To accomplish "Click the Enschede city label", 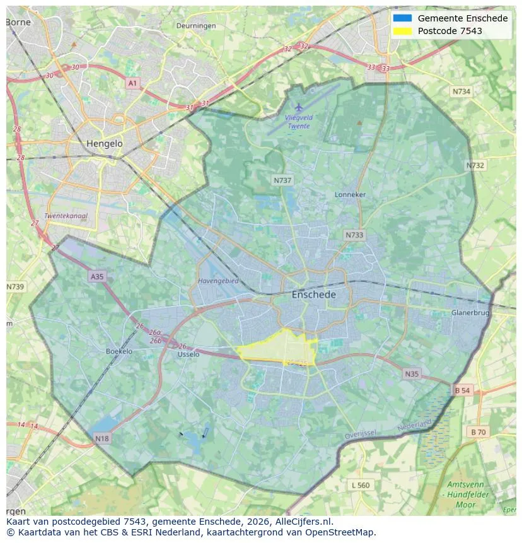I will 313,295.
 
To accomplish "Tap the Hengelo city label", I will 105,144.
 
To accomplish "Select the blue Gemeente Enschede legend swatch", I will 402,18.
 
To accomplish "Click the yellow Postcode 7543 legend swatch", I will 402,31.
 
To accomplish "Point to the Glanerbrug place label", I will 470,313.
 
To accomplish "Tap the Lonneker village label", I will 350,195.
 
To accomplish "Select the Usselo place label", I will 188,354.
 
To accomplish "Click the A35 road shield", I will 96,276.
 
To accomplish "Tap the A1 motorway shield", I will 132,83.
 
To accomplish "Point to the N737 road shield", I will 282,180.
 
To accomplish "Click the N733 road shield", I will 354,235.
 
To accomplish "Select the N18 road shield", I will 101,438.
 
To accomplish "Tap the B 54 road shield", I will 462,390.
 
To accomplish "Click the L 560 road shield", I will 361,485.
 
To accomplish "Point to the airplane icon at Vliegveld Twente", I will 299,108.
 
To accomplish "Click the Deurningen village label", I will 195,26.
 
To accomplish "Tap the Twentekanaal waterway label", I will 66,216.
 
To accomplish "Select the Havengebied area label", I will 218,281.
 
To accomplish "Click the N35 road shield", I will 411,374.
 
